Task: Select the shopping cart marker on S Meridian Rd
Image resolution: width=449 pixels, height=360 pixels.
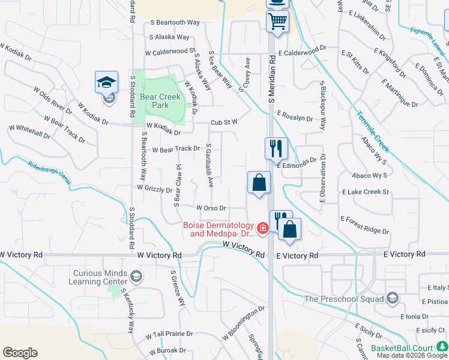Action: coord(278,22)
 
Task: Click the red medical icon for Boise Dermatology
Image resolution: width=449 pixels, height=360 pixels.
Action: coord(262,228)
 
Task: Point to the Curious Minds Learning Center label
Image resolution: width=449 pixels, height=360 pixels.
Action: coord(100,277)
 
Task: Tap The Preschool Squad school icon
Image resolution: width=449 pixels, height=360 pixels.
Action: coord(392,298)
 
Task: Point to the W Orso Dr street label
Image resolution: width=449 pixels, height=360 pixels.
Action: coord(211,208)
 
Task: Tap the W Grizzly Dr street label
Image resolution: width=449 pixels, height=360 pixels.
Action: coord(154,188)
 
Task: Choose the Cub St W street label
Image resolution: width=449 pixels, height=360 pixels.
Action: coord(224,122)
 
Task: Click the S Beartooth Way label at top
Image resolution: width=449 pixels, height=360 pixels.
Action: coord(175,22)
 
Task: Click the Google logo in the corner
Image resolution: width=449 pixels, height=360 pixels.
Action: coord(20,353)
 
